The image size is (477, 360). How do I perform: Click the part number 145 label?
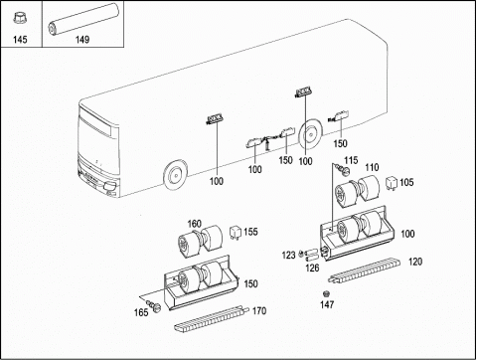click(20, 40)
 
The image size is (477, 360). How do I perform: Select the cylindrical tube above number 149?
click(83, 19)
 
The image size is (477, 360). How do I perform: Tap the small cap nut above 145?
click(20, 18)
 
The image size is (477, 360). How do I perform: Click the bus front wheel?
click(175, 174)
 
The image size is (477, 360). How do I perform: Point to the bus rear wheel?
click(310, 134)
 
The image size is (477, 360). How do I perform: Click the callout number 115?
click(351, 160)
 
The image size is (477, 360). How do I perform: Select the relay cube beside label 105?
click(392, 183)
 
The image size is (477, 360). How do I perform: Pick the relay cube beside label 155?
click(236, 232)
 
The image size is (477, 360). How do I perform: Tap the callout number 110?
click(372, 167)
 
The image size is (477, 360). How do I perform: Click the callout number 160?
click(195, 224)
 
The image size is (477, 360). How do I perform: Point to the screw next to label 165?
click(153, 305)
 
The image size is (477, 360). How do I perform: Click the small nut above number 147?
click(326, 293)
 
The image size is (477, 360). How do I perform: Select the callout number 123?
click(288, 256)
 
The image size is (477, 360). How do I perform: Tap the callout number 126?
click(312, 268)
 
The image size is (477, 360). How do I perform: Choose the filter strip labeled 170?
click(212, 318)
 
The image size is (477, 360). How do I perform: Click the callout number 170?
click(259, 311)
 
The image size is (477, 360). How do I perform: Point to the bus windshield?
click(98, 141)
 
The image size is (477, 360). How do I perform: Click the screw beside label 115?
click(343, 169)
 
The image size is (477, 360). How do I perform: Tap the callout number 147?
click(327, 304)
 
